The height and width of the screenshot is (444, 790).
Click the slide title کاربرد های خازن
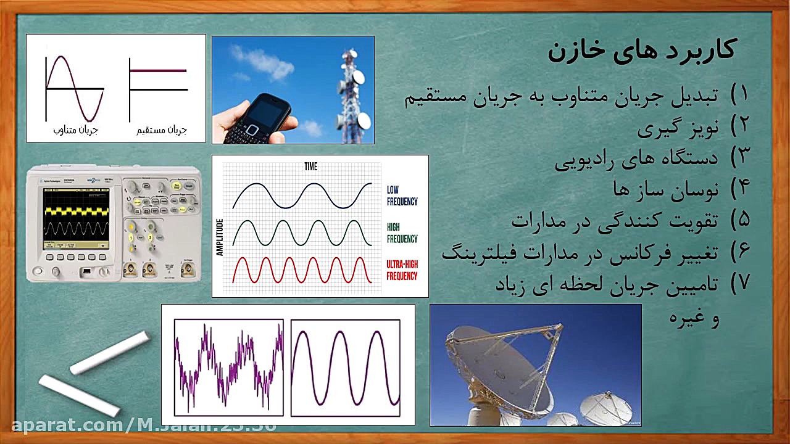coord(642,50)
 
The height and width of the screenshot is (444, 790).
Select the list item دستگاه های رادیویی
coord(636,158)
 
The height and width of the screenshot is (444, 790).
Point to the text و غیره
coord(694,318)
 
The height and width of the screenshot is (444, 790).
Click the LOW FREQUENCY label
coord(402,195)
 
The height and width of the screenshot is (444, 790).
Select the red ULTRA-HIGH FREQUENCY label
coord(402,270)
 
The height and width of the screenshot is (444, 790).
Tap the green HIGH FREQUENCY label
coord(402,233)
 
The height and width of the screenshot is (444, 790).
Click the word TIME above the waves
coord(310,166)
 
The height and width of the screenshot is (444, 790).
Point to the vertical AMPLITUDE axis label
coord(219,237)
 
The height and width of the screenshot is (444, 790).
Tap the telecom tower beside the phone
coord(351,92)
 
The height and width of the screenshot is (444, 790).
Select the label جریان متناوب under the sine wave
coord(76,130)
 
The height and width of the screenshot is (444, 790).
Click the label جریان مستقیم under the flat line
coord(162,130)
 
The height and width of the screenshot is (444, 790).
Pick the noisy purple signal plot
coord(228,367)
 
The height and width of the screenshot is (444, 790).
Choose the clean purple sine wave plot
coord(346,367)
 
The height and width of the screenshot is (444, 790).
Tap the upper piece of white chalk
coord(110,353)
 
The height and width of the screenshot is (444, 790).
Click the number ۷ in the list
coord(739,282)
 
